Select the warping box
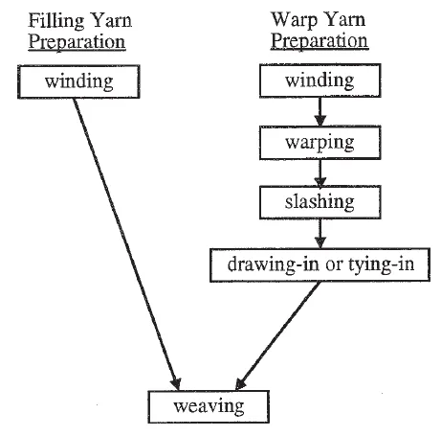[320, 142]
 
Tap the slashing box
[320, 202]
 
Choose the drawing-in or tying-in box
[320, 264]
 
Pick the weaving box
[209, 405]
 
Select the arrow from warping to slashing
[320, 172]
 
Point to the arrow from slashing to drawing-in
[320, 233]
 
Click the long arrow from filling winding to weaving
[124, 240]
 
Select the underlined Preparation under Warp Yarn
[320, 41]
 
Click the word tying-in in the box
[384, 264]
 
